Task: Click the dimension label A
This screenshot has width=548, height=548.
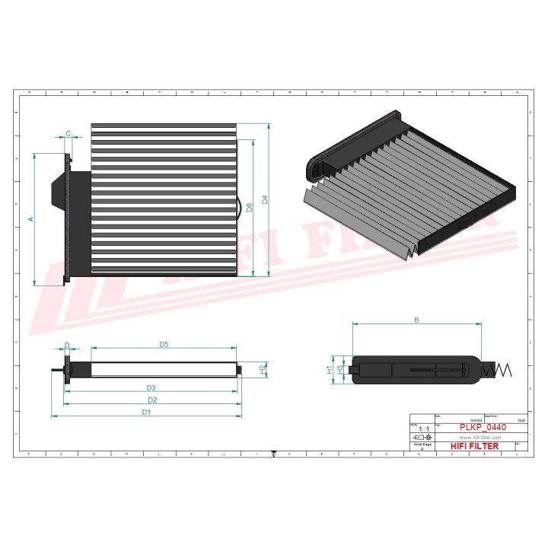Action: tap(31, 219)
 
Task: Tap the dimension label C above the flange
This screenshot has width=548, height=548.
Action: tap(68, 134)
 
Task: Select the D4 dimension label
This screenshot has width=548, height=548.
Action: tap(265, 200)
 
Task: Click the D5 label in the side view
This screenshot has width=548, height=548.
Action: tap(164, 345)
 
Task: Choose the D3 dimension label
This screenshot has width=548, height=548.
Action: tap(151, 388)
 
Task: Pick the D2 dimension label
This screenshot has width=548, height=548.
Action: tap(151, 400)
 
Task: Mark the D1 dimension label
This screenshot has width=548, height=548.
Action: tap(146, 412)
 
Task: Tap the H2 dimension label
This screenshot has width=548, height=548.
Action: tap(263, 369)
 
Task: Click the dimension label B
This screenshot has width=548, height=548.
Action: tap(416, 320)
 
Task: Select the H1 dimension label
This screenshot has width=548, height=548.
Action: tap(330, 370)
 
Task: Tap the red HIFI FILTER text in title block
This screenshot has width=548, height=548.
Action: tap(474, 446)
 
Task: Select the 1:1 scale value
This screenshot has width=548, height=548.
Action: tap(420, 430)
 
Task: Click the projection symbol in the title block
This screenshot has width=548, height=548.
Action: tap(421, 438)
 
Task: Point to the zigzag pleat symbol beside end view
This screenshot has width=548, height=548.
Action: tap(499, 370)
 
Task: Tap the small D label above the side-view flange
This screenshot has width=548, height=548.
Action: tap(66, 346)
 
